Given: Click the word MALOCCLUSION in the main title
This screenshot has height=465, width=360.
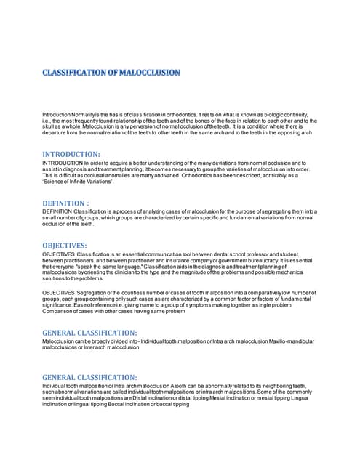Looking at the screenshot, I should [145, 73].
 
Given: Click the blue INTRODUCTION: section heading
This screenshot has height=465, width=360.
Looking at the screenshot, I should [71, 154].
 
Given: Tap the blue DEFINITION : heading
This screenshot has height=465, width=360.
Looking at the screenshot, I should [66, 203].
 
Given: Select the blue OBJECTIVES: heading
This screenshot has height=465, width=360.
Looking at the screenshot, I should [66, 246].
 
